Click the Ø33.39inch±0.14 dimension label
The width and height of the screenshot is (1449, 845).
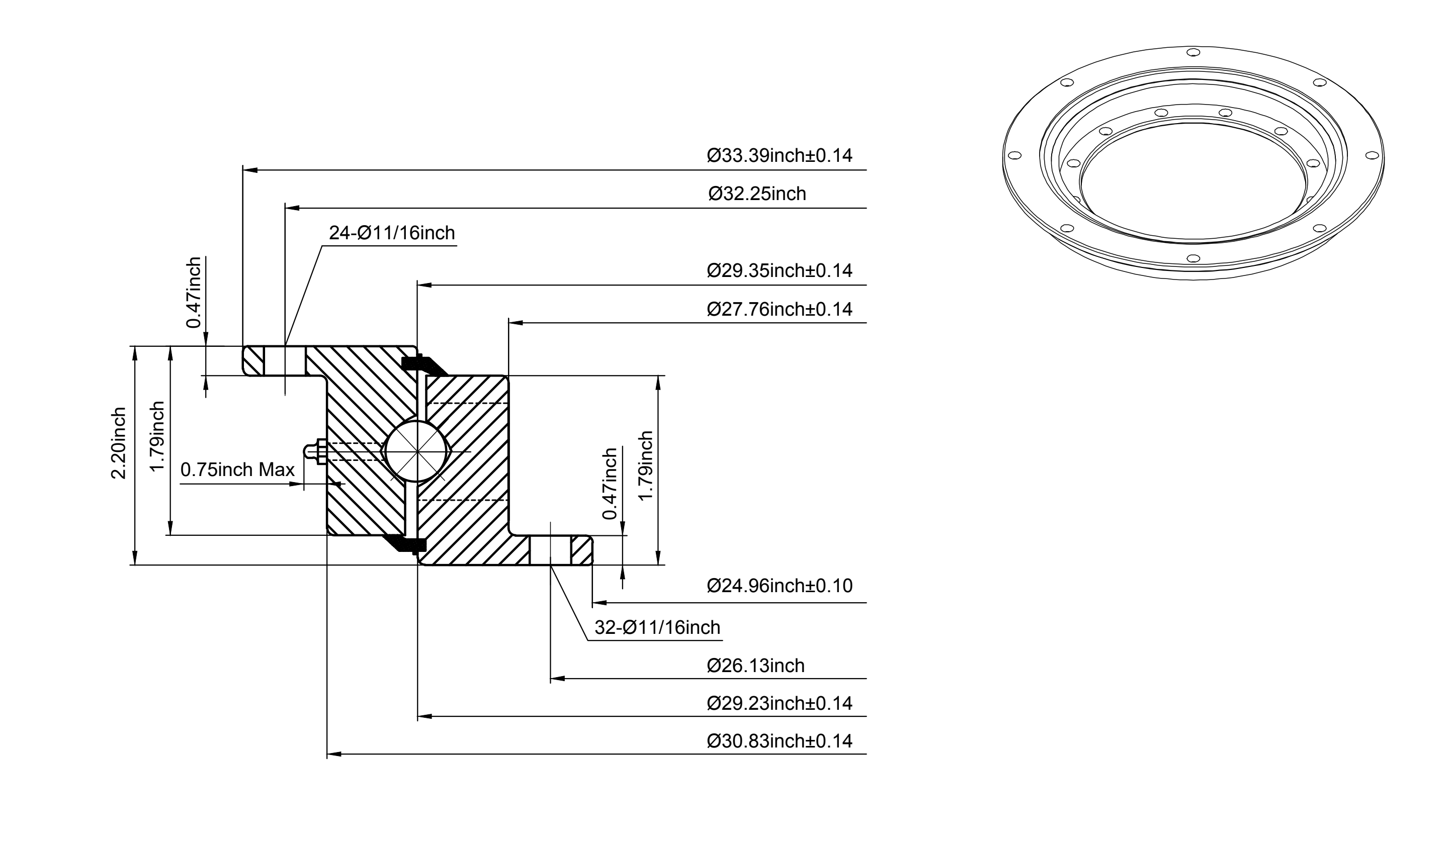click(779, 156)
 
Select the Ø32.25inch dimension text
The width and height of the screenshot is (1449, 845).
click(757, 194)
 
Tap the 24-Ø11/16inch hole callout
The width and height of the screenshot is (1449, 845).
click(392, 233)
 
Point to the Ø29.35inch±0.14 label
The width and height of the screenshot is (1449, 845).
click(779, 270)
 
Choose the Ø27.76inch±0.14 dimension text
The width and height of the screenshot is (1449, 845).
click(779, 309)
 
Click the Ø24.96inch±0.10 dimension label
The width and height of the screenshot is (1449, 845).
click(779, 586)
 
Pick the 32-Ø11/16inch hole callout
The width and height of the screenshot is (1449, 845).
click(657, 627)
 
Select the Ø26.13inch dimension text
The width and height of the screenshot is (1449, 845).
click(755, 666)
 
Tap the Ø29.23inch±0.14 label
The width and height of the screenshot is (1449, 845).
click(779, 703)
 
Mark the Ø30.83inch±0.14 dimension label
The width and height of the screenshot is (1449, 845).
click(779, 741)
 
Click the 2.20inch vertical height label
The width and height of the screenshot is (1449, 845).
click(119, 443)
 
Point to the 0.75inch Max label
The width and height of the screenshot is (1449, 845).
click(237, 470)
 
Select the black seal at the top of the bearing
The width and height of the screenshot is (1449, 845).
click(424, 365)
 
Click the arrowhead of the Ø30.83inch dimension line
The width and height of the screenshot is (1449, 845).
click(334, 754)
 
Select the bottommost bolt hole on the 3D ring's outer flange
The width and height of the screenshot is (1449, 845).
click(1193, 258)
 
